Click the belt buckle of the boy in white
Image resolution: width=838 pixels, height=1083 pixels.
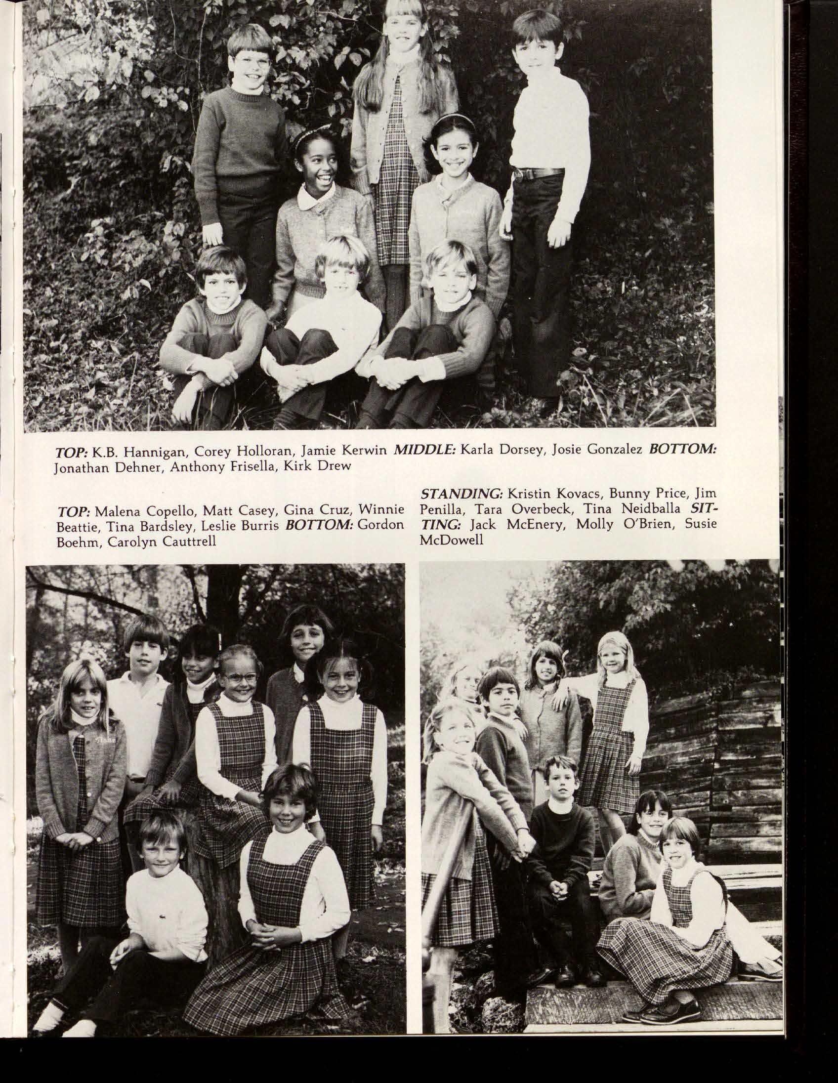pos(519,174)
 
